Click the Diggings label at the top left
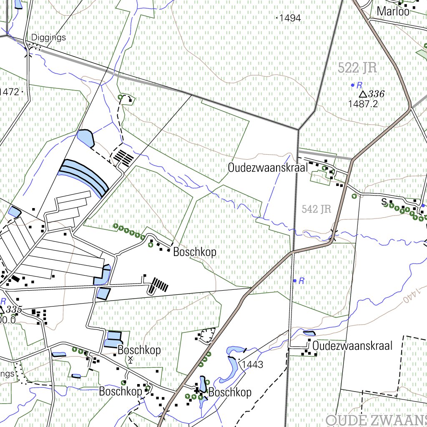48,38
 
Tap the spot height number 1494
290,18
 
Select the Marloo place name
393,12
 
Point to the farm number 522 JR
357,68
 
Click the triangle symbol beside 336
363,94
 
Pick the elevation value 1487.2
363,104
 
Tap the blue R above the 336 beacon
359,85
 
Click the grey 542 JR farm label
316,209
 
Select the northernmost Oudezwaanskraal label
267,168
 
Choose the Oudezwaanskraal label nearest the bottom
352,346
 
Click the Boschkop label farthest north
195,252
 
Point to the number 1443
252,365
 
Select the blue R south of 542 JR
301,281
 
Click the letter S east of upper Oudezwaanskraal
384,202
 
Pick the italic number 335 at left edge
14,309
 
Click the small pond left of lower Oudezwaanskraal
309,333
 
